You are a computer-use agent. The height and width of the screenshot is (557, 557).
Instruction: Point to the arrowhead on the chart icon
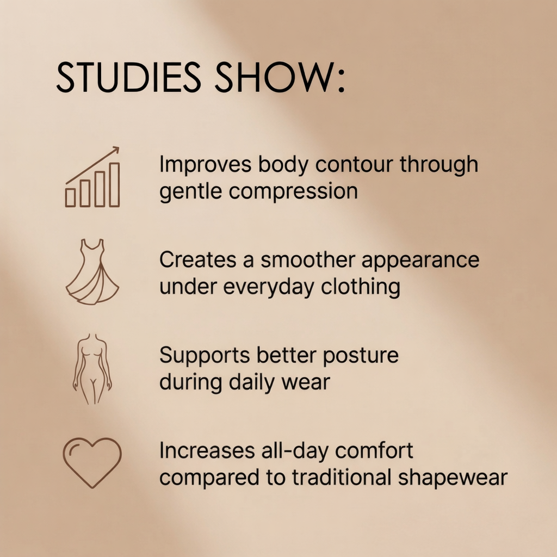[x=115, y=150]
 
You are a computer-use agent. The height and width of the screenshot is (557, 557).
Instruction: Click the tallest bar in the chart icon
[x=114, y=185]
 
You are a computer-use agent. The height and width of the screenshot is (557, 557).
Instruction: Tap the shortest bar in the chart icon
[x=70, y=197]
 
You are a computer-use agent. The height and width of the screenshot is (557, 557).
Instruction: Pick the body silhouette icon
[x=92, y=369]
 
